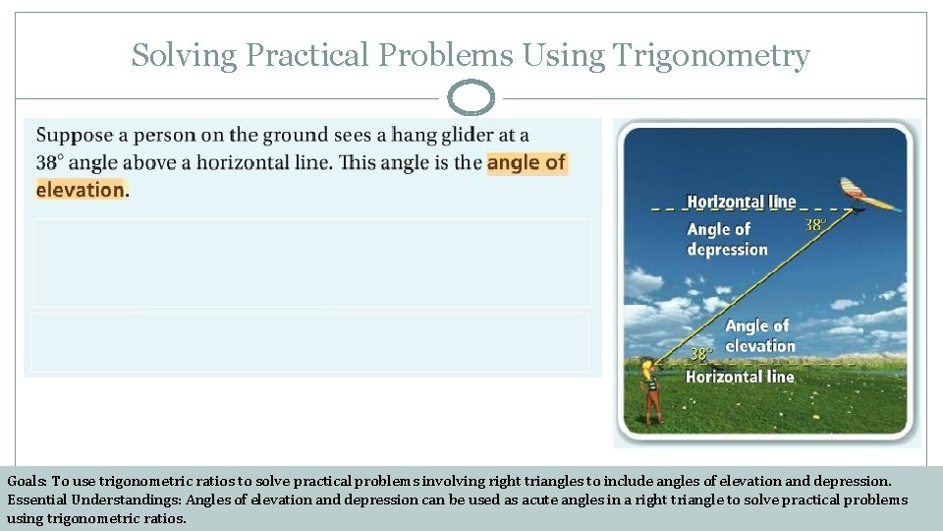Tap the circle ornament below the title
pyautogui.click(x=471, y=98)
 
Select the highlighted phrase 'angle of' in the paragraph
pyautogui.click(x=527, y=162)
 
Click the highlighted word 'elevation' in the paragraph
pyautogui.click(x=80, y=190)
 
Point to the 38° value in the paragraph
pyautogui.click(x=50, y=163)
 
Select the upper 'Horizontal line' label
pyautogui.click(x=741, y=202)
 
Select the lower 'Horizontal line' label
pyautogui.click(x=739, y=377)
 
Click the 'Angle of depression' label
pyautogui.click(x=726, y=239)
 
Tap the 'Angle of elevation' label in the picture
pyautogui.click(x=759, y=335)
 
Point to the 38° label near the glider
pyautogui.click(x=815, y=224)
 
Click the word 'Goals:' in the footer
pyautogui.click(x=27, y=482)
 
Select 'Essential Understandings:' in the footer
pyautogui.click(x=94, y=500)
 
